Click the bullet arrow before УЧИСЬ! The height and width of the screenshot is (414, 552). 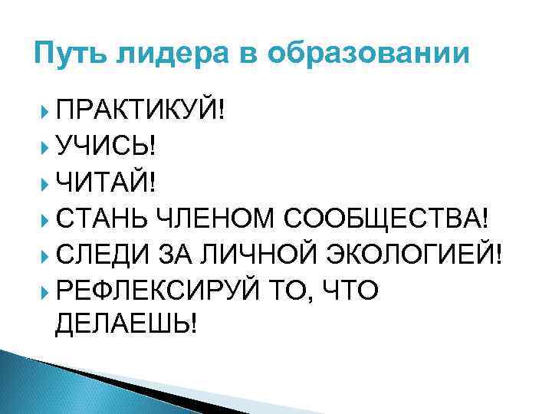(45, 145)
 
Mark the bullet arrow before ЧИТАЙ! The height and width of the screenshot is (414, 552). (45, 182)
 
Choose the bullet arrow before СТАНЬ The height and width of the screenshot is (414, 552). (45, 218)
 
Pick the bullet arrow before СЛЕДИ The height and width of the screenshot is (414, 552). (45, 254)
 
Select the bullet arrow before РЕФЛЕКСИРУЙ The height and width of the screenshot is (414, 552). (45, 290)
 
